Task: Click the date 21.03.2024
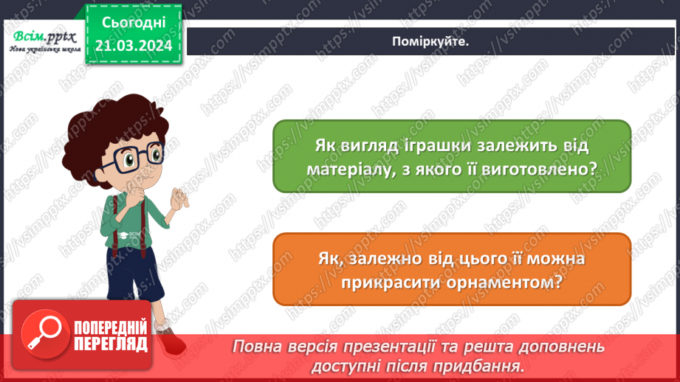click(134, 46)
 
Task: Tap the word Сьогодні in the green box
click(134, 24)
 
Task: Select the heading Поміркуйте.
click(431, 41)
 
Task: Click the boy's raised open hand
click(179, 198)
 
